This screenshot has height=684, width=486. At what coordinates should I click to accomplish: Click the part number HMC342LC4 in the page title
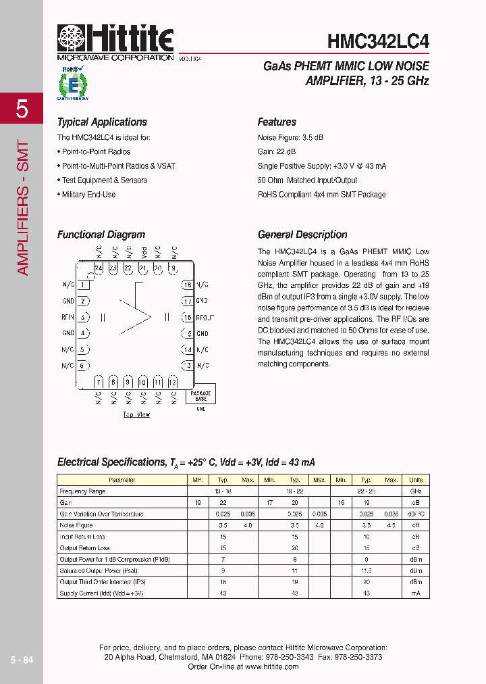click(378, 41)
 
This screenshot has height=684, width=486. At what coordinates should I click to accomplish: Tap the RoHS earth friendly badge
click(72, 84)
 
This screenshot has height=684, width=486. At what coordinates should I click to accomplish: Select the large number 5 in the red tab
click(22, 108)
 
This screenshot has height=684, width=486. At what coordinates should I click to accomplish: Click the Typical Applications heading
click(102, 122)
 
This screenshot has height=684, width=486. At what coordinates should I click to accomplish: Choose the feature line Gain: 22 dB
click(276, 152)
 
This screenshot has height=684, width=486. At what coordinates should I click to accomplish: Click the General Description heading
click(302, 235)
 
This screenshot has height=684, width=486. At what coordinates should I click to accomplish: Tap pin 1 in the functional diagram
click(83, 285)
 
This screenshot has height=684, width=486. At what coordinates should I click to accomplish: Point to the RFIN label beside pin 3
click(68, 317)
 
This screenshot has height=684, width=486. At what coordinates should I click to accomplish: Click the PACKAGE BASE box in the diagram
click(200, 395)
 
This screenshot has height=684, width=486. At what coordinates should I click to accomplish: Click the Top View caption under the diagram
click(136, 414)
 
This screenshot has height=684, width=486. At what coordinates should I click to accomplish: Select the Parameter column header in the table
click(122, 480)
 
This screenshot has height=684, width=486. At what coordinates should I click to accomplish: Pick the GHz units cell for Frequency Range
click(416, 491)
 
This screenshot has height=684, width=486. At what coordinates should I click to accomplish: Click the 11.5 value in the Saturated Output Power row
click(367, 570)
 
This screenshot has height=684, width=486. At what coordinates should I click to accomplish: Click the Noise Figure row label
click(76, 525)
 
